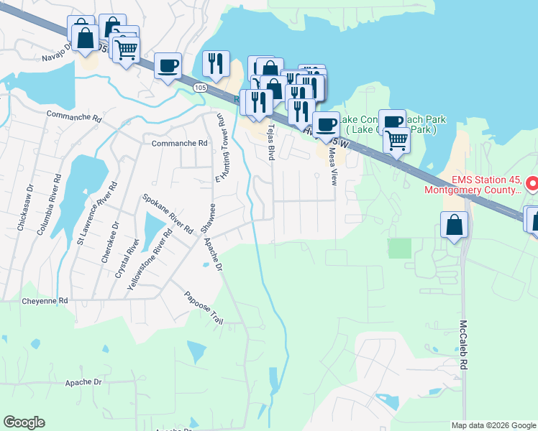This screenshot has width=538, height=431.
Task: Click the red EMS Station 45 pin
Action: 532,184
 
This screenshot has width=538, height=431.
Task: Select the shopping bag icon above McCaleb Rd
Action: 455,226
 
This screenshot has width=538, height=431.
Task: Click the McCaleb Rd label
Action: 464,345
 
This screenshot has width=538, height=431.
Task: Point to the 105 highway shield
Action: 200,87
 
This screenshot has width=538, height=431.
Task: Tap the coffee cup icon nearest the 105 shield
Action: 168,66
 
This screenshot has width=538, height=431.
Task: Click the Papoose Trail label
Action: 204,307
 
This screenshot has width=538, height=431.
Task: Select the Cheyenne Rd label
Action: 44,300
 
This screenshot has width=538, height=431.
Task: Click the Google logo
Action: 24,422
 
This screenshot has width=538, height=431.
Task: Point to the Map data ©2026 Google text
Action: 493,425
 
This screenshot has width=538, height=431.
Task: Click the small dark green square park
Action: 399,249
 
